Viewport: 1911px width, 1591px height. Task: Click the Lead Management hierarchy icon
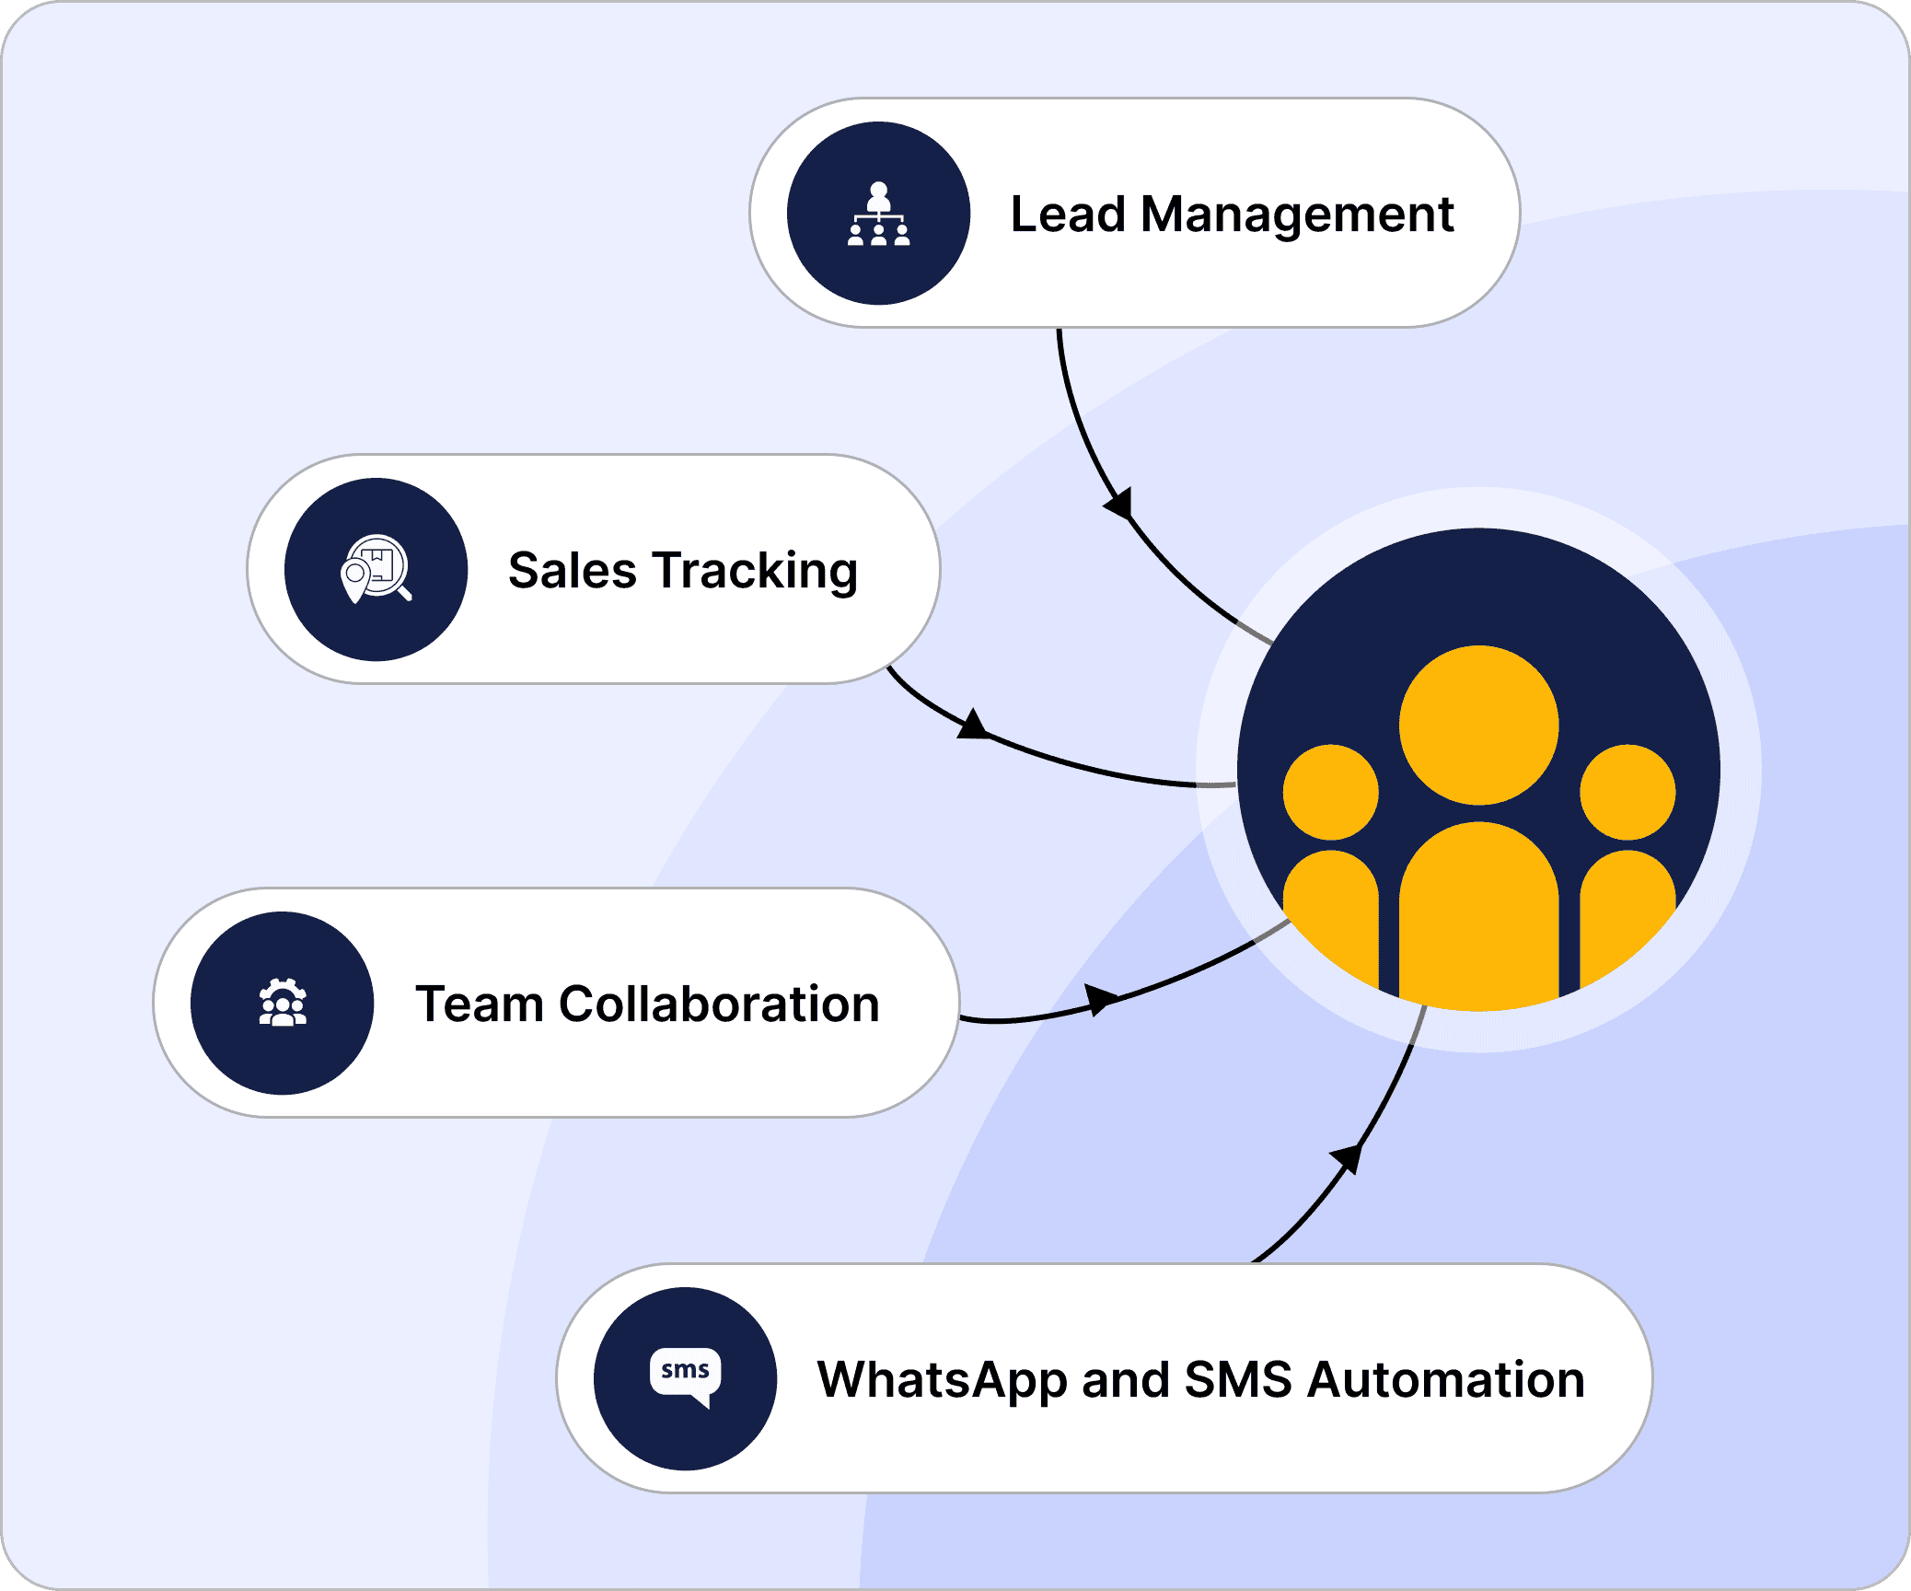[878, 214]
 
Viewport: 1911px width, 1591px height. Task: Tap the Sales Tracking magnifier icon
[376, 569]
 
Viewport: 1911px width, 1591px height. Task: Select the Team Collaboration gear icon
[283, 1003]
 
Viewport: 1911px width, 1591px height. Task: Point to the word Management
[1297, 215]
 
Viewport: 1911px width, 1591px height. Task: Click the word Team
[480, 1004]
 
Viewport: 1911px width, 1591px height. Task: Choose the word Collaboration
[719, 1004]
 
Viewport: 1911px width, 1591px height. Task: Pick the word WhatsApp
[942, 1380]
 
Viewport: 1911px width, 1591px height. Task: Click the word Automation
[1445, 1379]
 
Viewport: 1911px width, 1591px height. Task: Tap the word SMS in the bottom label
[1238, 1379]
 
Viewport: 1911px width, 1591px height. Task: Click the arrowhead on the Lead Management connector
[1119, 505]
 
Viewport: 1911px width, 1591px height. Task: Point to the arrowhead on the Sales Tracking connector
[973, 726]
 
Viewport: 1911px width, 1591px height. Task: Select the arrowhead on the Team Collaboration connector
[1100, 998]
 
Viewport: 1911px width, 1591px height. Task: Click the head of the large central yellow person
[1478, 725]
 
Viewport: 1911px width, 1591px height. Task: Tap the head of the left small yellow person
[1330, 792]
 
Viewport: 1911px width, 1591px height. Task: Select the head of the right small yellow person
[1627, 792]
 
